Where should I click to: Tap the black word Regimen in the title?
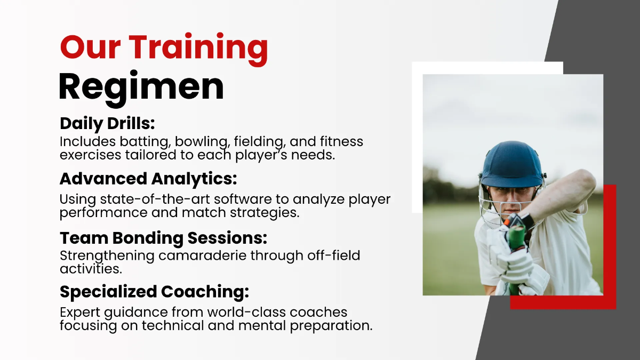coord(141,86)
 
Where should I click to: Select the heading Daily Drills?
coord(107,123)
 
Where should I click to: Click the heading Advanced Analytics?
coord(148,178)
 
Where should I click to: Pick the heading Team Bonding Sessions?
coord(163,237)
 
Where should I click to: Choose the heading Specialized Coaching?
coord(154,292)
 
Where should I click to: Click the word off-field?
coord(334,255)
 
